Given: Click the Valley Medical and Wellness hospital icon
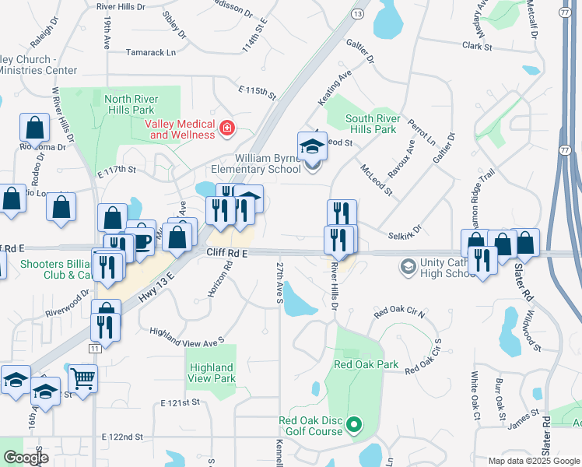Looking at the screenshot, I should click(226, 128).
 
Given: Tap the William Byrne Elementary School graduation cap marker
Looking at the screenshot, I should click(311, 146).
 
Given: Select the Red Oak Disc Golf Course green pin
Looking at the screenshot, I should click(354, 425).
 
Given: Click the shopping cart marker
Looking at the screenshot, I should click(82, 379).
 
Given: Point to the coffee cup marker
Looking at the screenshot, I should click(140, 237).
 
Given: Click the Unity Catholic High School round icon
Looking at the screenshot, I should click(407, 268).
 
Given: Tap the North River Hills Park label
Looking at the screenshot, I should click(129, 104).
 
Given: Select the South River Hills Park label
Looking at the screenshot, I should click(373, 124).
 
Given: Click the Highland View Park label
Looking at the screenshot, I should click(211, 373).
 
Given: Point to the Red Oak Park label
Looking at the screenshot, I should click(366, 363).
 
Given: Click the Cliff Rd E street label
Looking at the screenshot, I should click(227, 253).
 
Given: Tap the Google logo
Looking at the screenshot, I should click(25, 458).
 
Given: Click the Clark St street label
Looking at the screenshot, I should click(477, 47).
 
